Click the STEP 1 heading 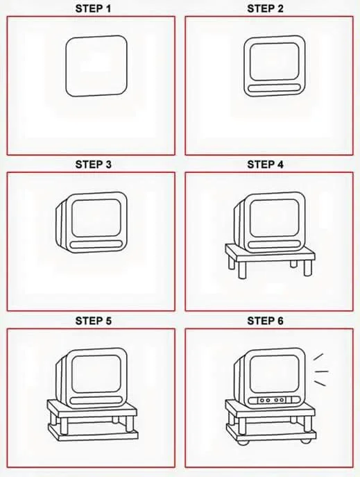pos(93,8)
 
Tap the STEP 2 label pos(265,8)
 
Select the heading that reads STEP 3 pos(93,165)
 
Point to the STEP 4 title pos(265,165)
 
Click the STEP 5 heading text pos(93,321)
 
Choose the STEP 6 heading pos(265,321)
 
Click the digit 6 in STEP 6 pos(280,321)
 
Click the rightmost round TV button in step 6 pos(282,400)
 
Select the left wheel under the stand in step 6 pos(242,442)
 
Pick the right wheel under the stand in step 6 pos(305,440)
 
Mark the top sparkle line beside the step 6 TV pos(318,357)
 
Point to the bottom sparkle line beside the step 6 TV pos(320,383)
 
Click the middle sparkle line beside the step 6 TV pos(321,371)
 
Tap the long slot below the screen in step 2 pos(274,88)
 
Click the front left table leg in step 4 pos(242,270)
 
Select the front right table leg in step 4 pos(308,268)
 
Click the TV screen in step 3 pos(96,218)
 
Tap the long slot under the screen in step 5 pos(96,401)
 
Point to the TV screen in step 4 pos(274,218)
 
